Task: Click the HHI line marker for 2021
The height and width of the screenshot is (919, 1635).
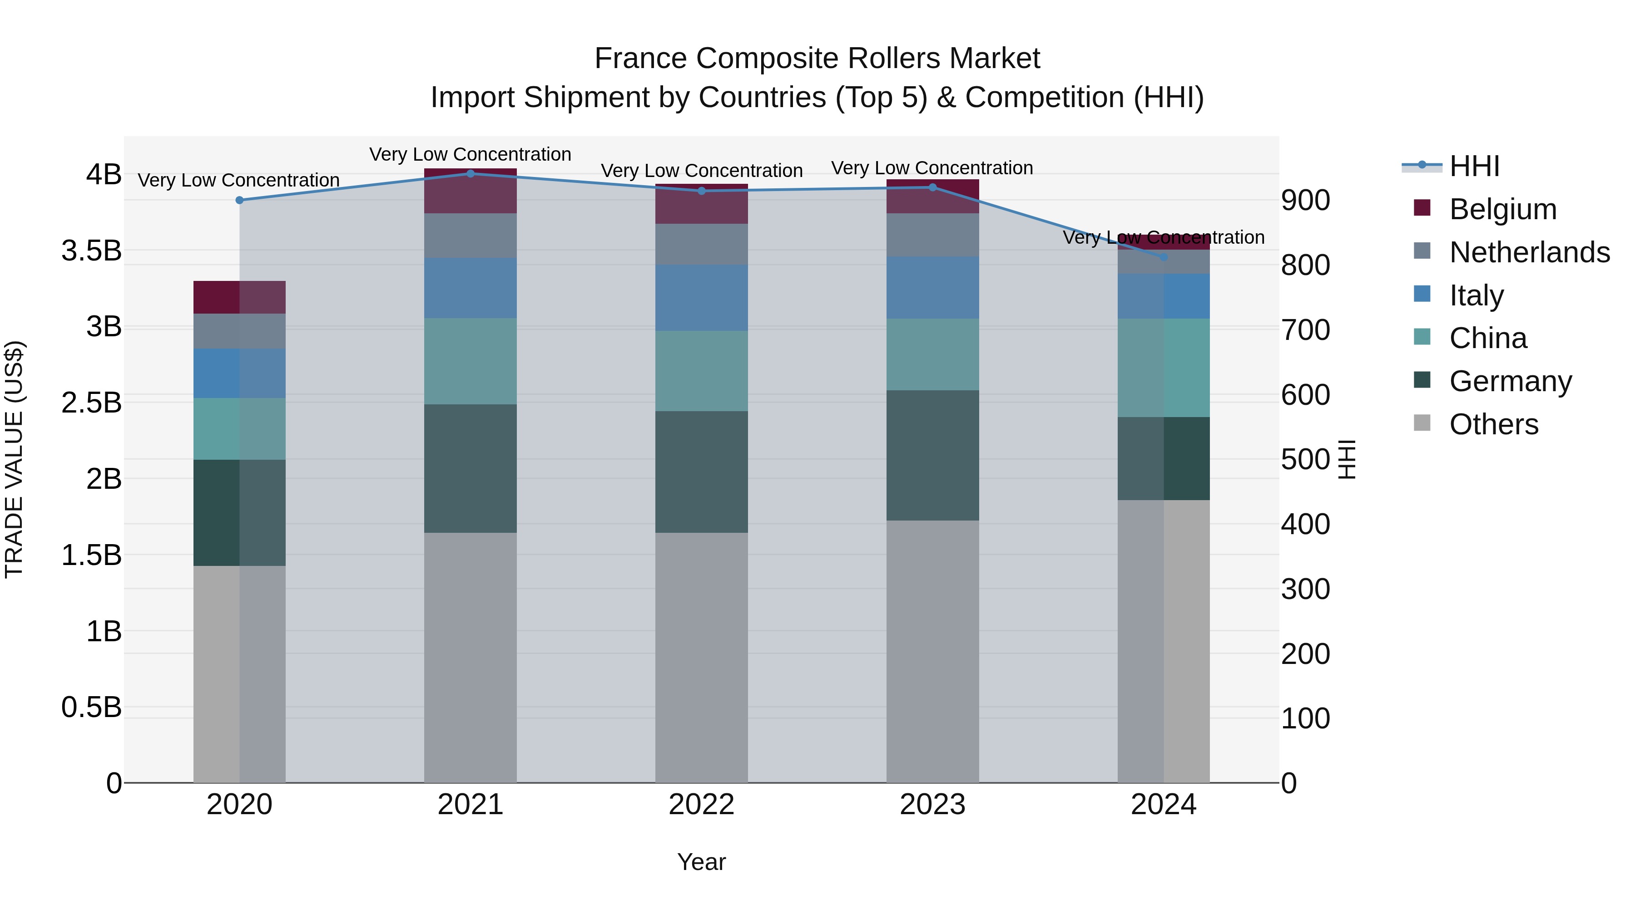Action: coord(471,174)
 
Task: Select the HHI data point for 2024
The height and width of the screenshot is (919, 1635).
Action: coord(1164,257)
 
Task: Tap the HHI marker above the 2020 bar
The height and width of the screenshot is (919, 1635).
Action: coord(239,201)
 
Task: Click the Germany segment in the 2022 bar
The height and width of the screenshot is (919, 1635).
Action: coord(701,472)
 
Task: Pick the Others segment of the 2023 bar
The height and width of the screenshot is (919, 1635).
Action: coord(932,651)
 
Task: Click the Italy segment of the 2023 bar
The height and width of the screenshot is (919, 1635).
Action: coord(932,287)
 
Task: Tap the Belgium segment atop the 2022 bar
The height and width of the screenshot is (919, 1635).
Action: coord(701,204)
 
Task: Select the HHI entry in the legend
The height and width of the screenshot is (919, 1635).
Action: coord(1474,166)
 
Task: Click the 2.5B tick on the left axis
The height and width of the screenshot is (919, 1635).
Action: coord(91,403)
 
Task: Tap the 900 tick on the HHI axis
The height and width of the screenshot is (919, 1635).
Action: coord(1305,201)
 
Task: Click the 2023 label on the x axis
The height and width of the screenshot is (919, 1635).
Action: coord(932,805)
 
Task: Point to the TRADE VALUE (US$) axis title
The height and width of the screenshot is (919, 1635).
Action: coord(14,459)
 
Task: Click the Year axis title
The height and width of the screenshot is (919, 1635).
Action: coord(701,862)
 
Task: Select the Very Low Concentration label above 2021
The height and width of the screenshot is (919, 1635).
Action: coord(471,154)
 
